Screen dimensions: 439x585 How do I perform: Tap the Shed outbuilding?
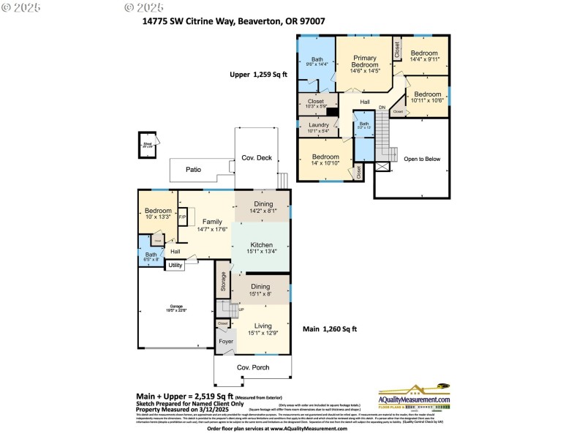(x=148, y=145)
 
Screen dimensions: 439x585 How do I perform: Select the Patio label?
(x=193, y=170)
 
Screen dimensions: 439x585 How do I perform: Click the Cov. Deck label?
(x=257, y=158)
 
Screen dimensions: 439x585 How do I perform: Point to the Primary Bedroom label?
(x=365, y=64)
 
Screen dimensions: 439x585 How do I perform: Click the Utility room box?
(x=175, y=266)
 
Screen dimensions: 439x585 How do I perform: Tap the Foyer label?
(x=226, y=341)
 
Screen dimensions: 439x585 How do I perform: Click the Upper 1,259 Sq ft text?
(x=259, y=75)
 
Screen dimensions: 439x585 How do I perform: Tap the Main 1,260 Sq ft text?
(x=330, y=329)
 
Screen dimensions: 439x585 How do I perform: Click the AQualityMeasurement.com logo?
(x=414, y=396)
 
